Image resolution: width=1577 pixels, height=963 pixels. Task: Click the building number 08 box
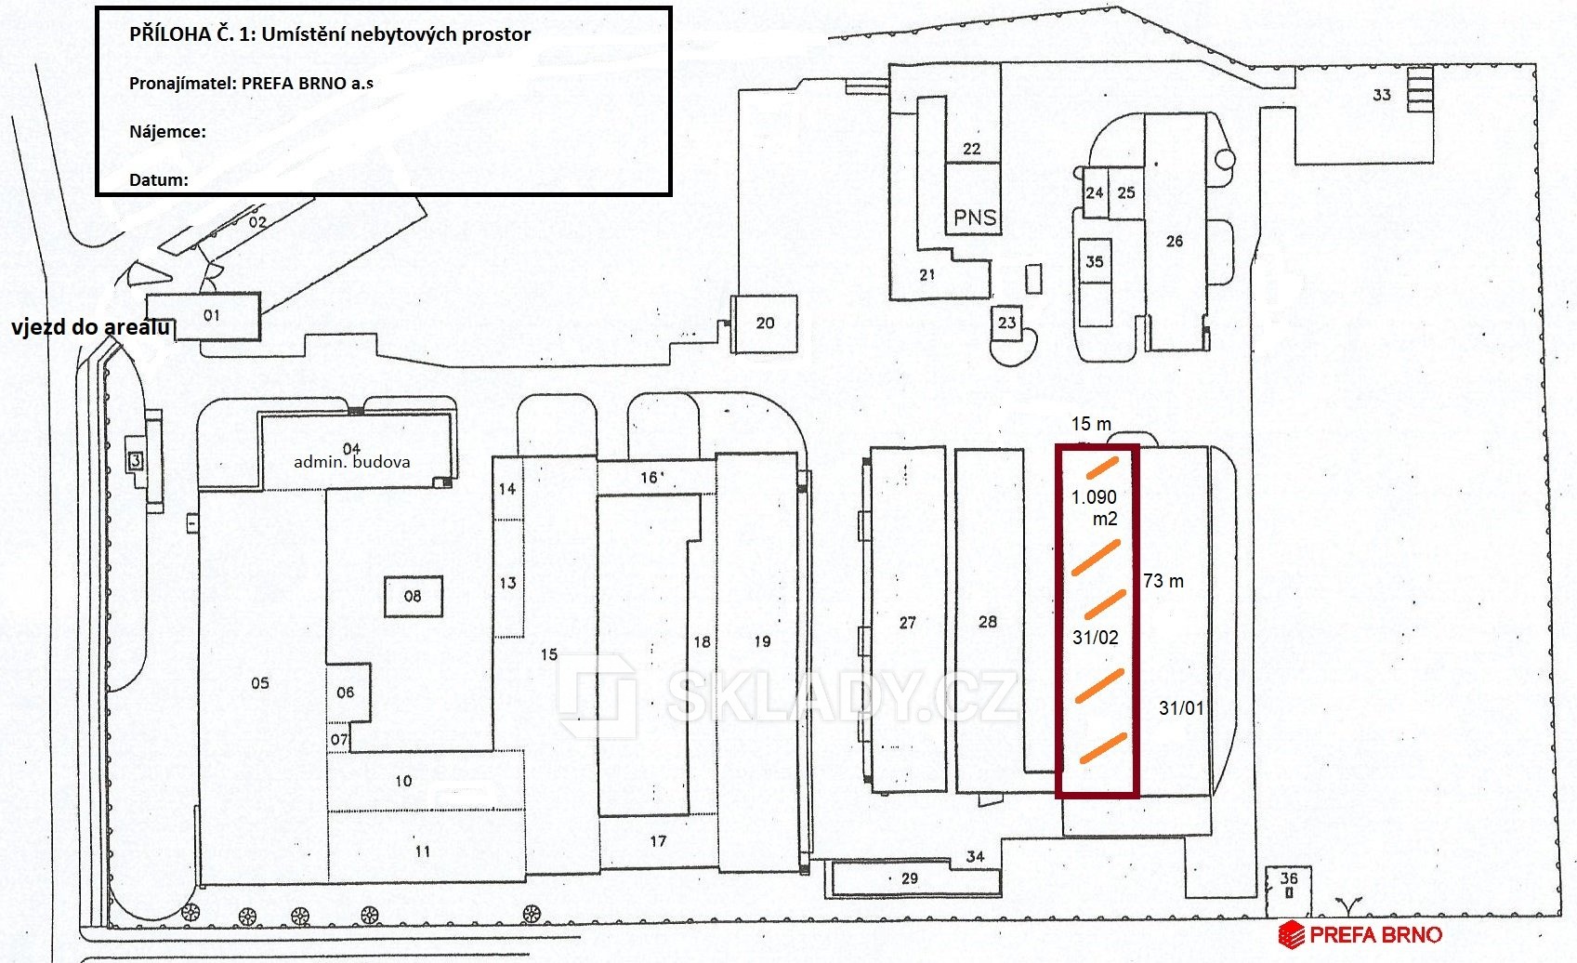click(414, 597)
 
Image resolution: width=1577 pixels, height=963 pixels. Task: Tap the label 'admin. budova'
click(352, 462)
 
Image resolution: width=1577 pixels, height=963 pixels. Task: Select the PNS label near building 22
click(975, 218)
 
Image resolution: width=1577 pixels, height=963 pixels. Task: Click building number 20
click(765, 323)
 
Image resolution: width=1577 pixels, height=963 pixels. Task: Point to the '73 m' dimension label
click(1163, 581)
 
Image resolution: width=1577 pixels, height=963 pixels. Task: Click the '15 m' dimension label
click(1091, 424)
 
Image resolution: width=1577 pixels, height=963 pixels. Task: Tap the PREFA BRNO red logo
click(1360, 935)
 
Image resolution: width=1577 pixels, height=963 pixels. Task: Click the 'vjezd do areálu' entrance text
click(91, 327)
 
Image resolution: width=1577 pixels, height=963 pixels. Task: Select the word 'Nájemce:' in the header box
click(167, 132)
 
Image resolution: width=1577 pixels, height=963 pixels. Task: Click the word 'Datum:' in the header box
click(158, 180)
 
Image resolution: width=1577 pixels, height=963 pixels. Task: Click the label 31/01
click(1181, 708)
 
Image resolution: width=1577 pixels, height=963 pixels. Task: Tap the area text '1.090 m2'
click(1095, 508)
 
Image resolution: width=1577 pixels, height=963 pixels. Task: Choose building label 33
click(1382, 95)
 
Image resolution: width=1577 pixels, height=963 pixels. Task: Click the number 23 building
click(1007, 323)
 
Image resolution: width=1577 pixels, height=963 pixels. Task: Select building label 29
click(910, 878)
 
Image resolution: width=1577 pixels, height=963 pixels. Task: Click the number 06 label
click(345, 693)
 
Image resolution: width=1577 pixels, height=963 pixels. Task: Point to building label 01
click(211, 316)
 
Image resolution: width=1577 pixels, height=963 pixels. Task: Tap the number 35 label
click(1094, 262)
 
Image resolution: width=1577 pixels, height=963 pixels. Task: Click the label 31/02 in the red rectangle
click(1096, 638)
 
